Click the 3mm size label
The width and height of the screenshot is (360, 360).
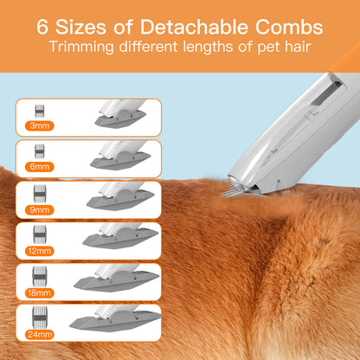click(38, 125)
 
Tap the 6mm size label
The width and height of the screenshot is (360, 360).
click(38, 166)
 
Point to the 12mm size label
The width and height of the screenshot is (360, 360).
click(38, 250)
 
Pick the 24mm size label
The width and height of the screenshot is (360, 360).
click(38, 333)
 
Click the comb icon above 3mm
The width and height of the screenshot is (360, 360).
click(38, 111)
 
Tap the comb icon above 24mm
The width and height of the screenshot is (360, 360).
click(38, 317)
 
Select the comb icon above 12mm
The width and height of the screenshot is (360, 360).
click(38, 234)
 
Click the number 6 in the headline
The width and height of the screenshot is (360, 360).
click(44, 25)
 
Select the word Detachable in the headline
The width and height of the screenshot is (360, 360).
click(202, 25)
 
